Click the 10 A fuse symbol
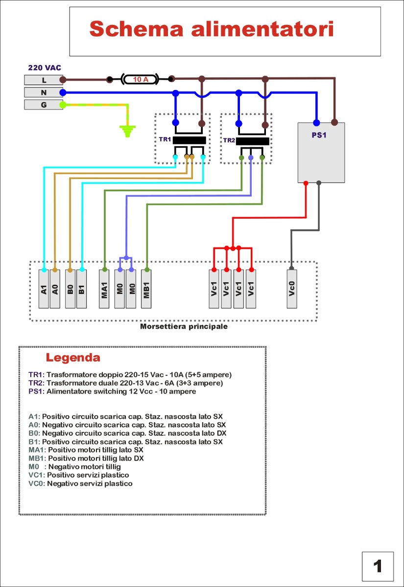click(x=140, y=79)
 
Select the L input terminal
click(x=44, y=80)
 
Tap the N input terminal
click(x=44, y=92)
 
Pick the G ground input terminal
click(x=44, y=105)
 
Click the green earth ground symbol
click(x=127, y=131)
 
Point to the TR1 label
click(x=165, y=139)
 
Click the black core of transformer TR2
click(x=252, y=141)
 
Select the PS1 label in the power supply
click(x=319, y=135)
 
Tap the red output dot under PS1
click(x=306, y=183)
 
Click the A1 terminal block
click(x=44, y=289)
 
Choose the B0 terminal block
click(x=70, y=289)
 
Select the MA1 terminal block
click(x=104, y=289)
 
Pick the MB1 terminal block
click(x=146, y=289)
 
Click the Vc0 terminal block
click(x=292, y=289)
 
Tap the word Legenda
click(x=73, y=358)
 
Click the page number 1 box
click(x=378, y=566)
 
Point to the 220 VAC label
click(x=45, y=68)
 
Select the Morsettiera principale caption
click(x=184, y=327)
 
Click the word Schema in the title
click(x=136, y=29)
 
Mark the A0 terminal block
click(x=55, y=289)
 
